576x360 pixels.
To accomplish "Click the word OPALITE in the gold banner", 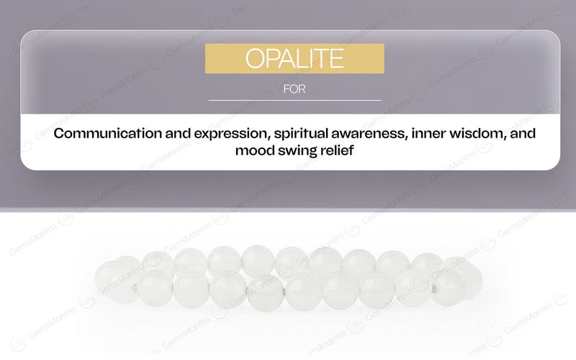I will [294, 58].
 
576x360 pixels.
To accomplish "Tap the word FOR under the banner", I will [294, 90].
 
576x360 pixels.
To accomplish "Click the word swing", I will [297, 151].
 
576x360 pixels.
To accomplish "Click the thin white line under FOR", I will [294, 100].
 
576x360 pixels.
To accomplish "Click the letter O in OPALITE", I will [255, 58].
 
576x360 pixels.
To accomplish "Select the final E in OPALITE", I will [336, 58].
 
